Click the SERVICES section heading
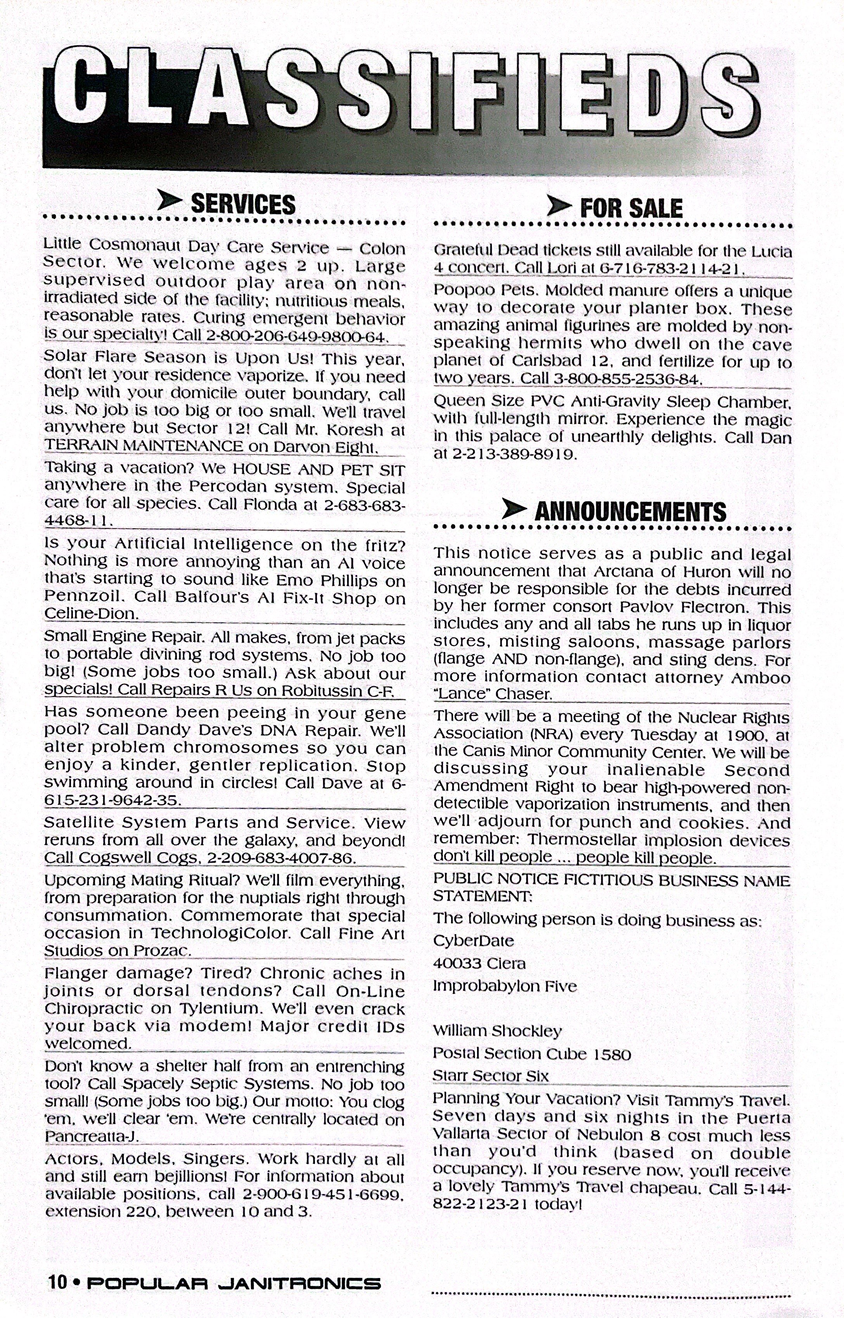[243, 204]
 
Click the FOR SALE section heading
[631, 208]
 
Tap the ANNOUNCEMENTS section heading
[630, 512]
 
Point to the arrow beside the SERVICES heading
[169, 200]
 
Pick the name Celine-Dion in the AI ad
[91, 614]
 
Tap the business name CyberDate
[474, 941]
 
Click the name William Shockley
[497, 1031]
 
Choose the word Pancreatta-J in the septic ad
[92, 1136]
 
